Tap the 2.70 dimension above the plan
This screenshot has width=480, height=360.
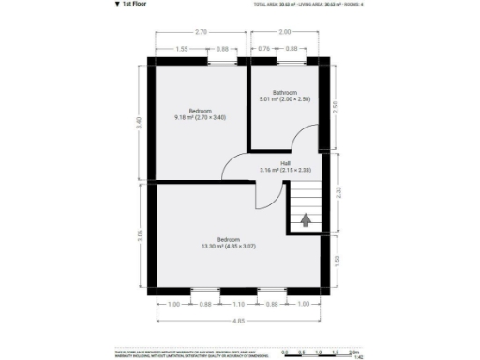pyautogui.click(x=202, y=33)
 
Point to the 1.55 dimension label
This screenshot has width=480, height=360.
pyautogui.click(x=182, y=49)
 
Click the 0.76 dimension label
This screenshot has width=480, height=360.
pyautogui.click(x=264, y=49)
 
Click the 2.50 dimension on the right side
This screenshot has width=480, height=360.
pyautogui.click(x=337, y=105)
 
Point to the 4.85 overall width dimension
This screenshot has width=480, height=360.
pyautogui.click(x=240, y=321)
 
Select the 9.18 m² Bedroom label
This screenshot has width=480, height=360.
pyautogui.click(x=200, y=114)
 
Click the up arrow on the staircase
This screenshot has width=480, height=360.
pyautogui.click(x=305, y=220)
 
